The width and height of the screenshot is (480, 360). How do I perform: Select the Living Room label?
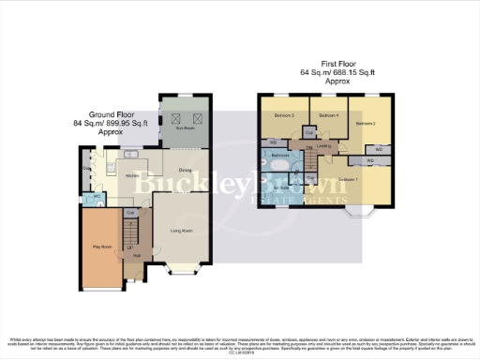pyautogui.click(x=181, y=230)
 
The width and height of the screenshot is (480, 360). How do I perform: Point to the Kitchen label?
pyautogui.click(x=132, y=175)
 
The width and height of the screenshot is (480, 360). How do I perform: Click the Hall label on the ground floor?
pyautogui.click(x=137, y=256)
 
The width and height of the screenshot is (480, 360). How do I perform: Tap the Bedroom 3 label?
pyautogui.click(x=285, y=115)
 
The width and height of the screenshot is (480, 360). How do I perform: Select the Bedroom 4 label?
pyautogui.click(x=327, y=115)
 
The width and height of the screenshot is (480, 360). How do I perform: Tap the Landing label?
pyautogui.click(x=324, y=146)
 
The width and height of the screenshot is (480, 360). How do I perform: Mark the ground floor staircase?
pyautogui.click(x=131, y=230)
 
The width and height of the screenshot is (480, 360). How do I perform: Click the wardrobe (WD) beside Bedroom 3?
pyautogui.click(x=272, y=142)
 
